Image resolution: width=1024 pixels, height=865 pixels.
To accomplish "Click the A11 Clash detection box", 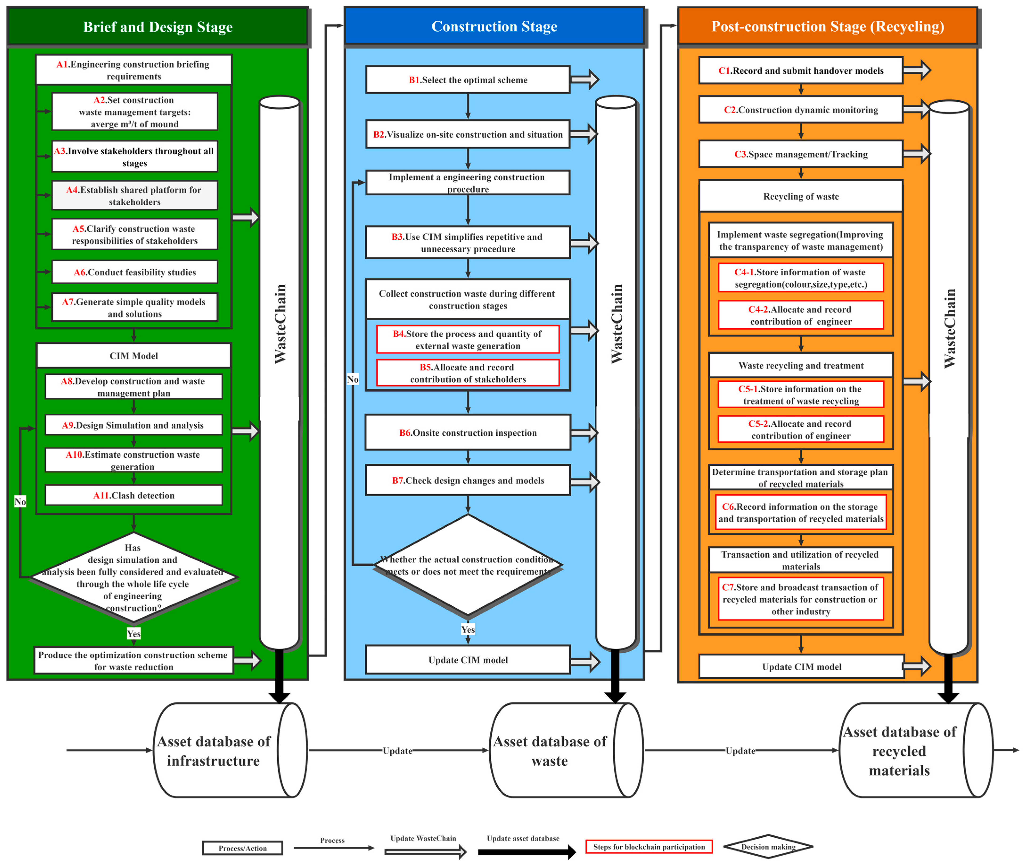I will [134, 495].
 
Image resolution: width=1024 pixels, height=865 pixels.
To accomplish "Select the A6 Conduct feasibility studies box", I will [135, 272].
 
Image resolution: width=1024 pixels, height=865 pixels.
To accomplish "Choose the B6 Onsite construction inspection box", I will [468, 433].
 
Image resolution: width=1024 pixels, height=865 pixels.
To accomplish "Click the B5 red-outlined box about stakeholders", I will [468, 373].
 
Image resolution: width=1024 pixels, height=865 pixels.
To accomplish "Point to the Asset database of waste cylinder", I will [564, 750].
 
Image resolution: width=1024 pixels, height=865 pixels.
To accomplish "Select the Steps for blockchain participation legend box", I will [649, 847].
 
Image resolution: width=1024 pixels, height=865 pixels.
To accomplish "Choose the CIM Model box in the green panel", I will [134, 355].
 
